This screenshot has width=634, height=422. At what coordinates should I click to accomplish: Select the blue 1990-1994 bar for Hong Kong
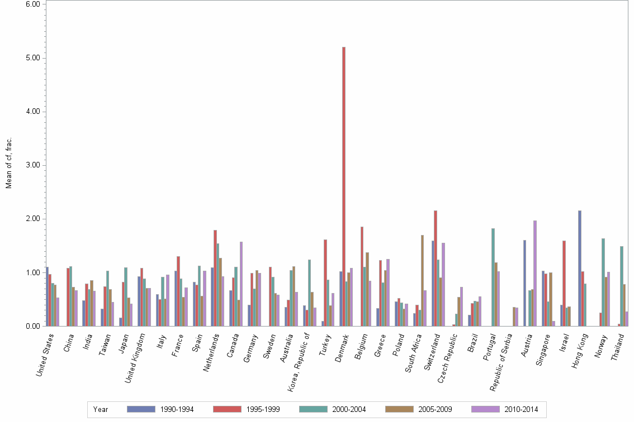click(x=580, y=268)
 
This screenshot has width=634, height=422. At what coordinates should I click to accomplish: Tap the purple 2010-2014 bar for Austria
click(x=535, y=273)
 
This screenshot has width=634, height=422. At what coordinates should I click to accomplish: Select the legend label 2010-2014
click(x=521, y=410)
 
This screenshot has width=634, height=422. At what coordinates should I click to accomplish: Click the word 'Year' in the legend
click(x=101, y=410)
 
